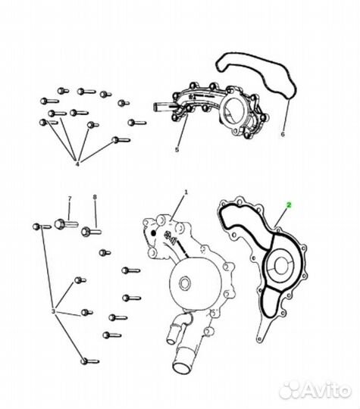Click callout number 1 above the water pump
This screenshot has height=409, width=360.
click(x=186, y=192)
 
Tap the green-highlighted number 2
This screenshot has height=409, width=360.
click(x=289, y=205)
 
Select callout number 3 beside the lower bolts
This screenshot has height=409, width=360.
click(x=53, y=311)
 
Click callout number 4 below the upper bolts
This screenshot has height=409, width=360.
click(x=77, y=164)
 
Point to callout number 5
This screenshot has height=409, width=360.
click(x=177, y=150)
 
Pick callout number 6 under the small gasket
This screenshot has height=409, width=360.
click(x=283, y=134)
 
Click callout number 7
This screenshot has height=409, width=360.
click(x=70, y=198)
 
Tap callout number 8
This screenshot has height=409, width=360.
click(x=95, y=197)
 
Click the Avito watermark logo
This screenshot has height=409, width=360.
click(x=315, y=392)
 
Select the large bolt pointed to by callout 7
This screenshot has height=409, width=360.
click(x=66, y=224)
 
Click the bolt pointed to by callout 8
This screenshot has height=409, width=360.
click(x=91, y=232)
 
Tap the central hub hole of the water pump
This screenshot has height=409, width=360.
click(x=186, y=283)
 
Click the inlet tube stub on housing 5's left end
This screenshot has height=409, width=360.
click(x=162, y=106)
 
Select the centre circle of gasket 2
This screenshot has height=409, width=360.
click(x=280, y=266)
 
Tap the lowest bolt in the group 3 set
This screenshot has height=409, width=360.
click(x=89, y=361)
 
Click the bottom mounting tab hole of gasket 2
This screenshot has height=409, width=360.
click(x=259, y=339)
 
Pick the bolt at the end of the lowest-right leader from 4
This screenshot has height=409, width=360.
click(x=121, y=140)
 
